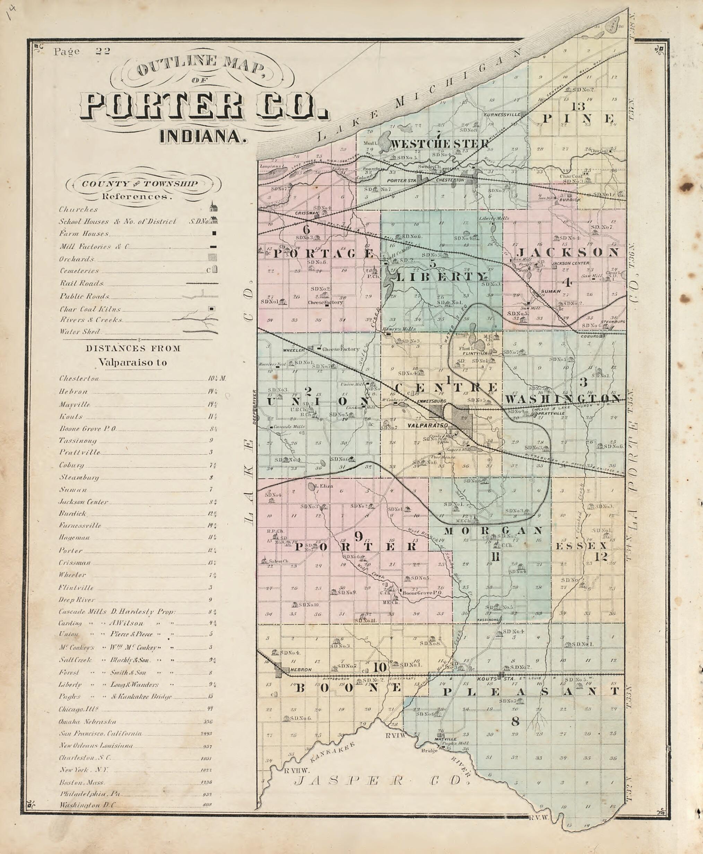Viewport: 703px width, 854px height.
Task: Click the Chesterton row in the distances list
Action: [x=79, y=378]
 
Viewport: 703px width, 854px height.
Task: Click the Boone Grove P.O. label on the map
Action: [x=421, y=592]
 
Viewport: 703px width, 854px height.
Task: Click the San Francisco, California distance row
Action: [x=100, y=733]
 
